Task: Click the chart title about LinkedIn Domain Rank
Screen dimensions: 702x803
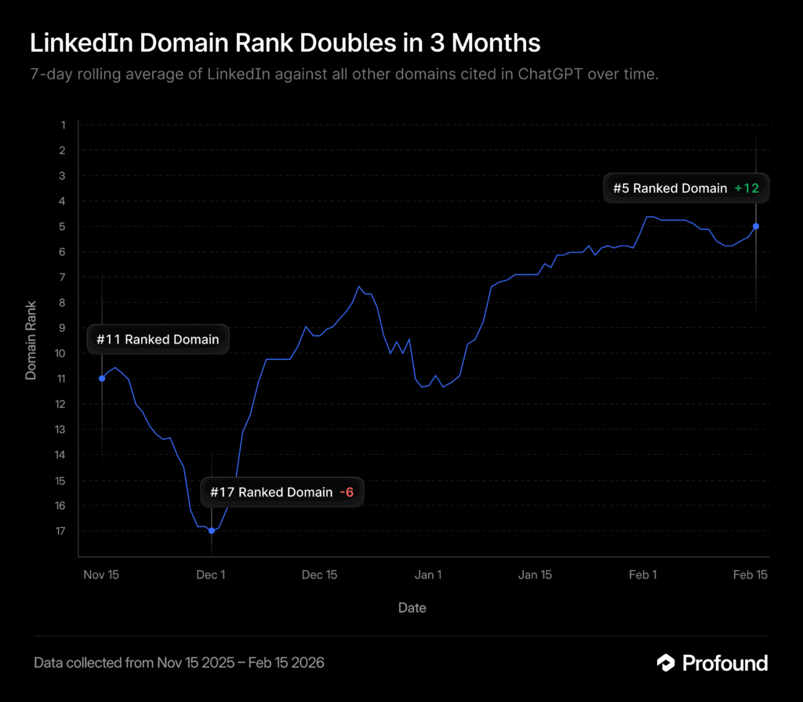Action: click(x=285, y=43)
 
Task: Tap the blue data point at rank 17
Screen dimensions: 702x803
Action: click(x=212, y=531)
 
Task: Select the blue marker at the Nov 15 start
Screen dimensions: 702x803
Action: click(x=102, y=378)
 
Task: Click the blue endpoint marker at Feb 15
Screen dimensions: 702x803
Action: click(x=756, y=226)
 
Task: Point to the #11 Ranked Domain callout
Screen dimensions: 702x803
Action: click(x=158, y=340)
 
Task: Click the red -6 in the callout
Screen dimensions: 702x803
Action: click(x=347, y=492)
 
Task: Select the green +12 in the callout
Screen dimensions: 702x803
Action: click(x=747, y=188)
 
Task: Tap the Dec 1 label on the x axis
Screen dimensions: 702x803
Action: click(x=211, y=575)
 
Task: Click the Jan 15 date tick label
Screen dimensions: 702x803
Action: click(x=535, y=575)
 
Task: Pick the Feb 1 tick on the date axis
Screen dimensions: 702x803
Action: click(x=643, y=575)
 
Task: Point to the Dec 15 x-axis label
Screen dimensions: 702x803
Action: click(x=319, y=575)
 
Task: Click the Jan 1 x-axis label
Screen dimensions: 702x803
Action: click(x=427, y=575)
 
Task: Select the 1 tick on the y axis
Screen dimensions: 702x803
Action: click(x=63, y=125)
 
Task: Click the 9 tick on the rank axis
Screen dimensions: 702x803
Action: click(x=63, y=328)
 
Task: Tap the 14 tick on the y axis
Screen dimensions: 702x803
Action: click(x=61, y=455)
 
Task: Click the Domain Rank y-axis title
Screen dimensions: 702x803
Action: click(x=31, y=340)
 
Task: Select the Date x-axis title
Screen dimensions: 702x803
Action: click(x=412, y=608)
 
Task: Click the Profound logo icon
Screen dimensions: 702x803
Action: click(x=666, y=663)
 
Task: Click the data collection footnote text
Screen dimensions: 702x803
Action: click(x=179, y=663)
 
